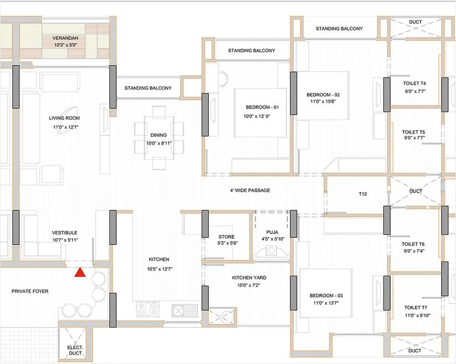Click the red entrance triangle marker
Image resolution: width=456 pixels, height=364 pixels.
click(x=80, y=272)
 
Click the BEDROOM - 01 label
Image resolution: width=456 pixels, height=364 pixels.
click(x=262, y=107)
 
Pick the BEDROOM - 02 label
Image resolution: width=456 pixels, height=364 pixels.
click(x=323, y=95)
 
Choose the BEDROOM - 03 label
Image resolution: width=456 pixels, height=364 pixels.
click(x=323, y=295)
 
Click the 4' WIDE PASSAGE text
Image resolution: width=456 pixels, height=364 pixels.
click(x=250, y=190)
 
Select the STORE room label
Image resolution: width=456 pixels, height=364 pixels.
click(x=227, y=237)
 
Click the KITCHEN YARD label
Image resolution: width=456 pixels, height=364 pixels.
click(x=249, y=277)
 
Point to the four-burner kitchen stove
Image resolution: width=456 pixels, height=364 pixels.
click(x=147, y=310)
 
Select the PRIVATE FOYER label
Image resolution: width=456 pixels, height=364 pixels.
click(x=30, y=291)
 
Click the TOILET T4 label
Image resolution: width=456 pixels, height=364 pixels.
click(x=414, y=84)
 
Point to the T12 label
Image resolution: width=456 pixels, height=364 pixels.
click(x=363, y=193)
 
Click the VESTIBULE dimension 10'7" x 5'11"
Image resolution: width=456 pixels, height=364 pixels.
click(x=64, y=240)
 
